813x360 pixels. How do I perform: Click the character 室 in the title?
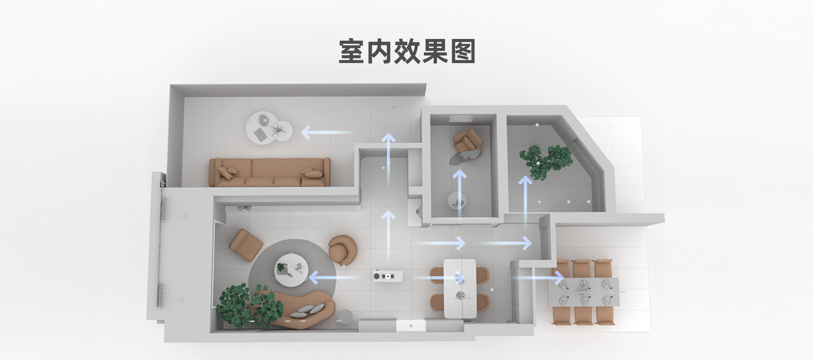[351, 52]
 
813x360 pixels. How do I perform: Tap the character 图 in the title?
[463, 52]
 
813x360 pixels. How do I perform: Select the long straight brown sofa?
[270, 172]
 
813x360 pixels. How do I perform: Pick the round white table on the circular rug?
[291, 269]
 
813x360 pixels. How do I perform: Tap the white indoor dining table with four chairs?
[460, 288]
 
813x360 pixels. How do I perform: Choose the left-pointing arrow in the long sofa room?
[326, 133]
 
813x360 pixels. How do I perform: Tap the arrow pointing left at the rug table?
[335, 278]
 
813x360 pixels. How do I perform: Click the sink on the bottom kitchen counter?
[410, 326]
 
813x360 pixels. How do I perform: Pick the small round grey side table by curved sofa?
[345, 317]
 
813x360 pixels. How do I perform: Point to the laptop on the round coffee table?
[260, 135]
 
